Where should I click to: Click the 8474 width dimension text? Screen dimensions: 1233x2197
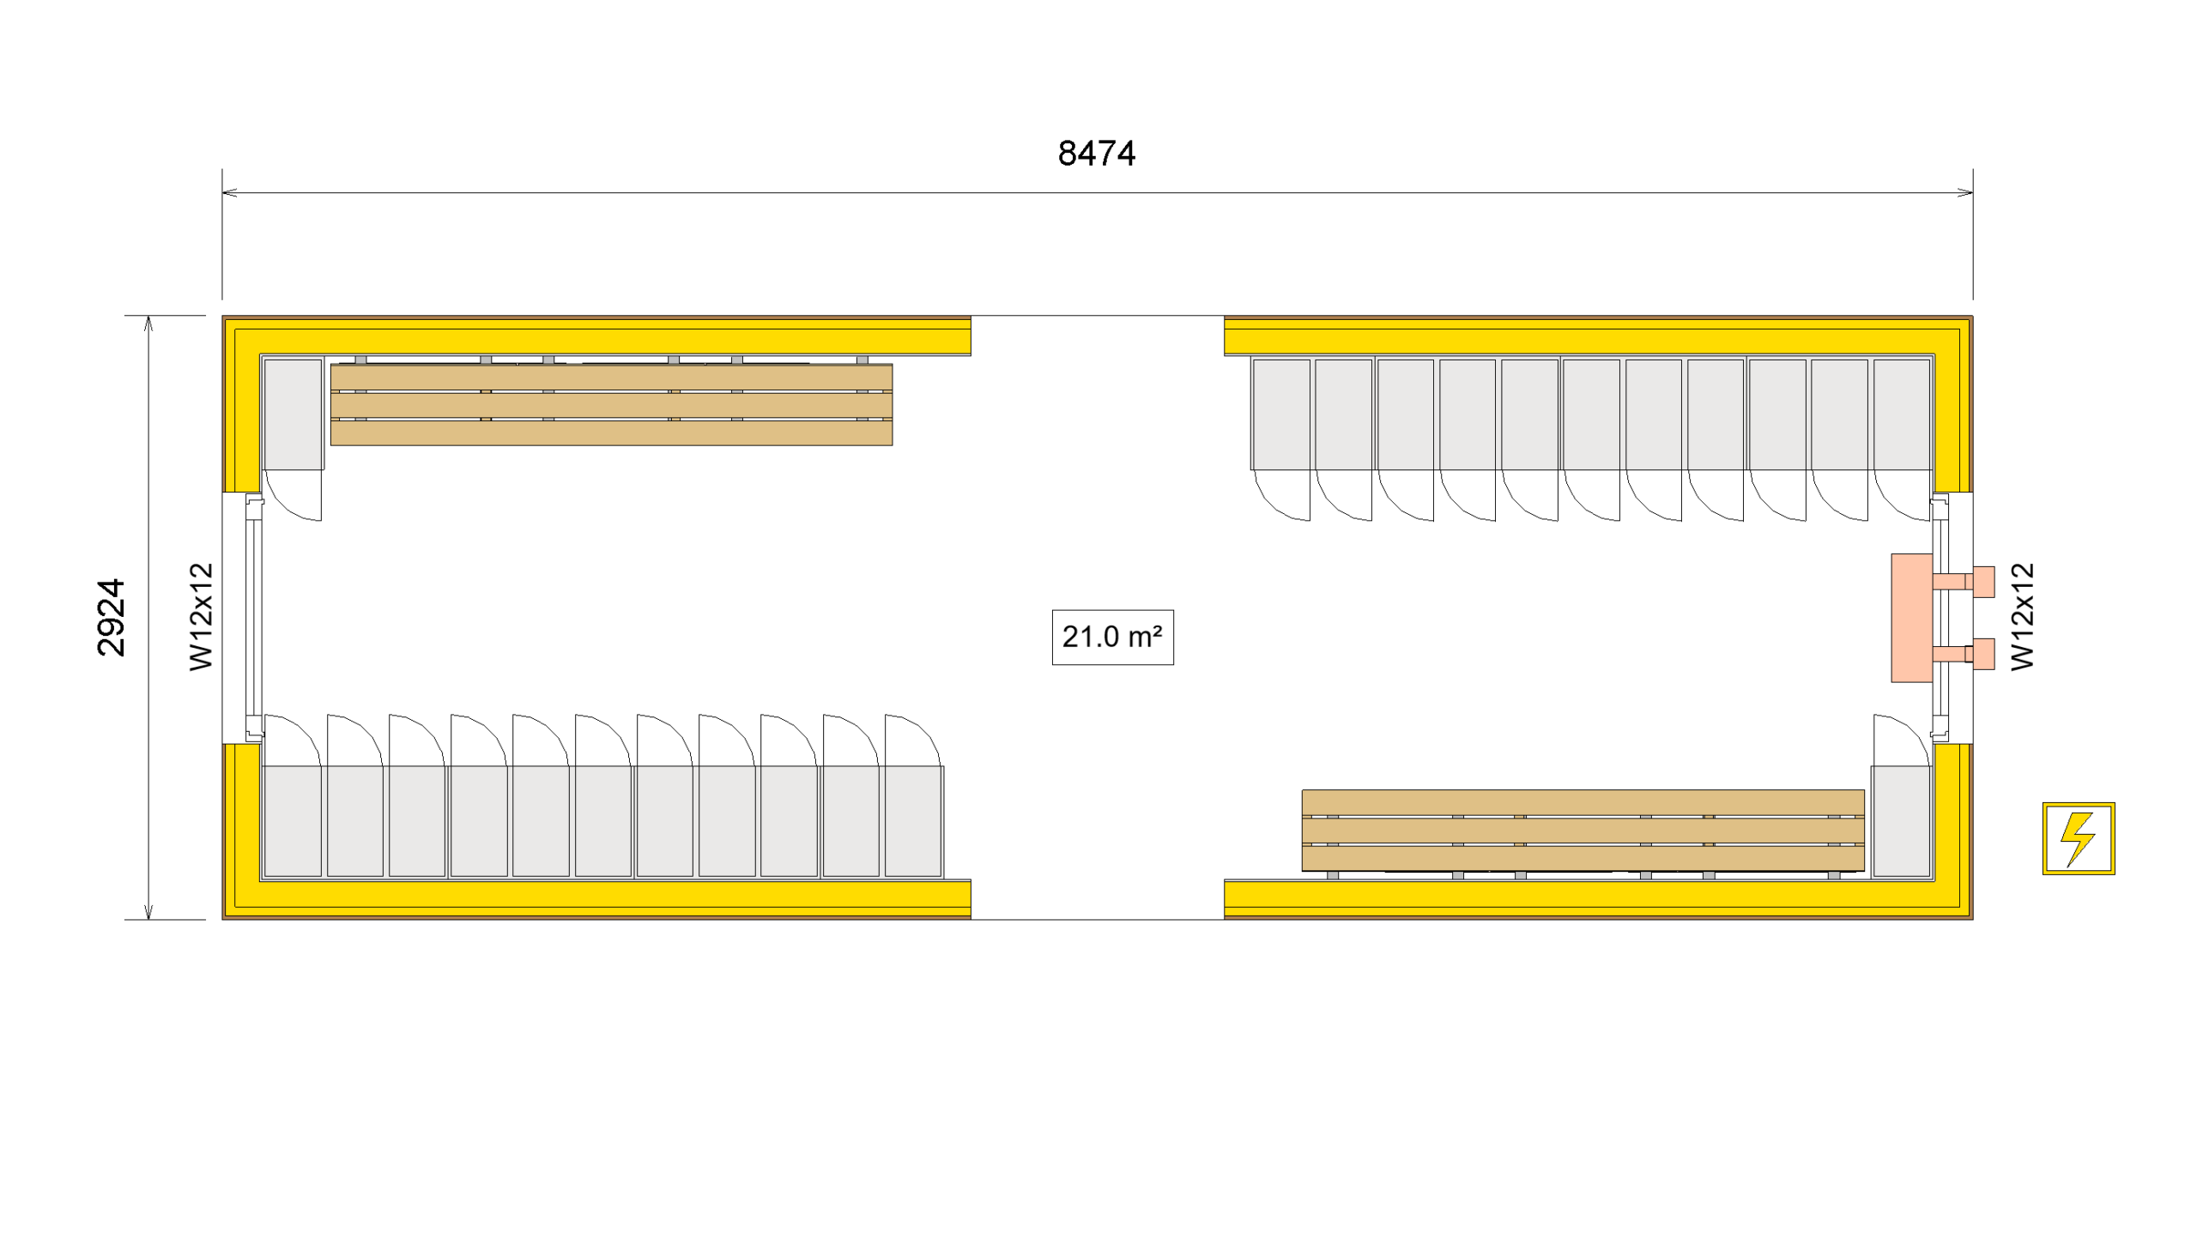1096,154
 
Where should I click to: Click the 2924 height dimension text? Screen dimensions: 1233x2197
112,617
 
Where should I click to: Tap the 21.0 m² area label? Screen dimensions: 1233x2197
1112,637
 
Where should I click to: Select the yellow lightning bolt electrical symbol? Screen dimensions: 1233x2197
2078,838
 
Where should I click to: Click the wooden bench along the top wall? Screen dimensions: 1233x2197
611,404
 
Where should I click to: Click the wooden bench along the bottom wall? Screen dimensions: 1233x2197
1582,830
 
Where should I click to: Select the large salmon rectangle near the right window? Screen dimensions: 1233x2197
1911,617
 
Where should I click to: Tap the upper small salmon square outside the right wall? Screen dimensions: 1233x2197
1983,581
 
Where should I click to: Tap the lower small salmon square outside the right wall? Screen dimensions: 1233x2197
1983,654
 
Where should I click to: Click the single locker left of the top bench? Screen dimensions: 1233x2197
293,414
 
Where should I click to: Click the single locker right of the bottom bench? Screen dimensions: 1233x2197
1901,820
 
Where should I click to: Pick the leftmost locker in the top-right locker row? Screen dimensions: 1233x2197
1280,414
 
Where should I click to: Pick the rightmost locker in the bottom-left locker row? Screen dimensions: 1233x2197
913,820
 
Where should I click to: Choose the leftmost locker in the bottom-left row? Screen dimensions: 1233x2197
293,820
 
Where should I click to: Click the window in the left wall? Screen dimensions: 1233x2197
252,617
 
